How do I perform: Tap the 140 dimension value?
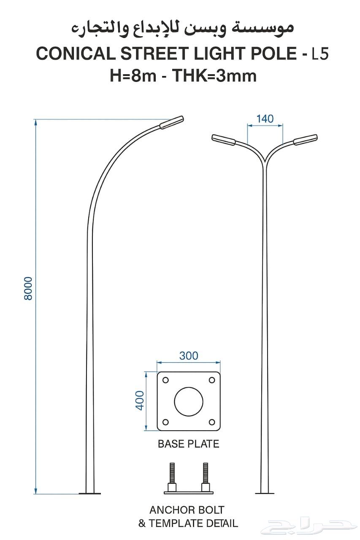coord(265,119)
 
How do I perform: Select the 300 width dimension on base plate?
coord(188,356)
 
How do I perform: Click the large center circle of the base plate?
coord(189,401)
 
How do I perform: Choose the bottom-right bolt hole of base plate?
coord(212,422)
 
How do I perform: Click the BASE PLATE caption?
coord(188,444)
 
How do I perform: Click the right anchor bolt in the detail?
coord(206,477)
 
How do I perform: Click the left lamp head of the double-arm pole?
coord(224,140)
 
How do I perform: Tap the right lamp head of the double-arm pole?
coord(305,140)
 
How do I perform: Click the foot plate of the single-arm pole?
coord(90,493)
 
